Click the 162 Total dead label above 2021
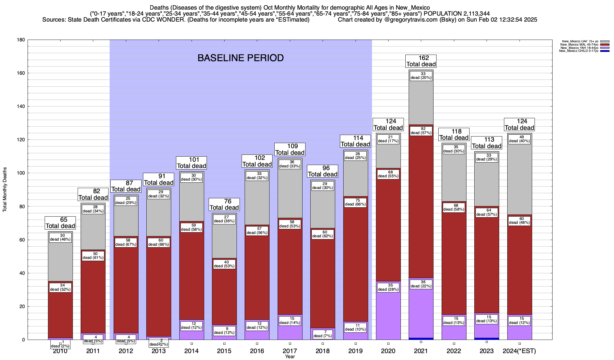pos(421,61)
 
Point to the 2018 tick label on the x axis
pos(323,351)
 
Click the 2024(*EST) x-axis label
pos(519,351)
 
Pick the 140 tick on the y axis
pos(21,106)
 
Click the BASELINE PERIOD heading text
pos(240,58)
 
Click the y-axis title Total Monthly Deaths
pos(5,190)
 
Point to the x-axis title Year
pos(290,357)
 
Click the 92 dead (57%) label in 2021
pos(421,131)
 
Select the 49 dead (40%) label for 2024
pos(519,139)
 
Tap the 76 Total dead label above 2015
pos(224,205)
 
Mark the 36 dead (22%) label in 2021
pos(421,284)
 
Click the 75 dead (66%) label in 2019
pos(355,202)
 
